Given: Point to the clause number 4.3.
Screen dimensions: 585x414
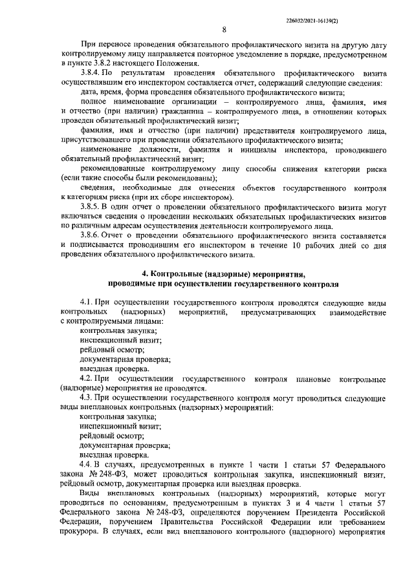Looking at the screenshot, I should (87, 398).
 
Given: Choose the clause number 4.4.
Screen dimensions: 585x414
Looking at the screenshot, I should (87, 464).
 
